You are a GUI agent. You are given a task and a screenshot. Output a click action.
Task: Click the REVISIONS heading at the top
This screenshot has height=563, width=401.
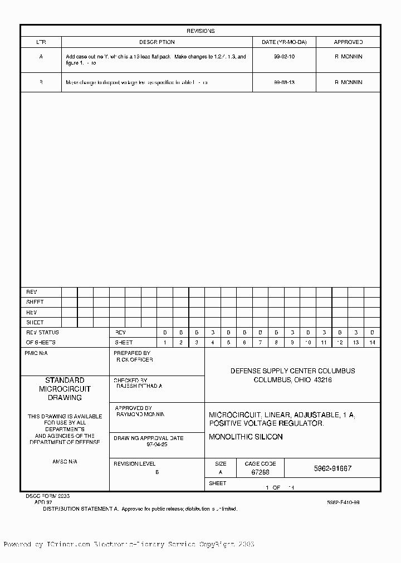pos(200,31)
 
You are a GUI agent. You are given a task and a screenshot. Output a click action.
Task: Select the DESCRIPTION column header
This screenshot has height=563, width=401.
pos(157,42)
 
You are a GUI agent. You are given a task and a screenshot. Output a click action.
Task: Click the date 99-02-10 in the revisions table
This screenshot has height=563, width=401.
pos(285,57)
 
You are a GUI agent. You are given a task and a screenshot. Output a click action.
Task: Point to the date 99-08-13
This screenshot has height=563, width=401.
pos(285,82)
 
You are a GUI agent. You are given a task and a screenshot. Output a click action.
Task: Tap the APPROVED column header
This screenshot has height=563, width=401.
pos(348,42)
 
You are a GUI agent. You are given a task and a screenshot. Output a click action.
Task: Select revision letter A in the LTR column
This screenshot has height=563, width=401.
pos(41,57)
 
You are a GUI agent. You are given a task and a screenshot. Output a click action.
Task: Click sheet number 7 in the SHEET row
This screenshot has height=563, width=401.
pos(260,343)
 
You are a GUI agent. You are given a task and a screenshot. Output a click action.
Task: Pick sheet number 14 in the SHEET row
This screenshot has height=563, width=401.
pos(372,343)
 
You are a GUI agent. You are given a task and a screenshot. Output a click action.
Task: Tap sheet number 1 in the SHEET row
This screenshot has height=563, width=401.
pos(165,343)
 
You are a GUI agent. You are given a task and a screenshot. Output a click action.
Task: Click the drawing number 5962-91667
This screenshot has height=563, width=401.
pos(332,468)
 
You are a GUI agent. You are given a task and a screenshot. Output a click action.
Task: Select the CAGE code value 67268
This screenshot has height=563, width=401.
pos(260,472)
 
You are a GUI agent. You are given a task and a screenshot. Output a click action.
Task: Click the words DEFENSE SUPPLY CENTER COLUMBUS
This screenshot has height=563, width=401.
pos(292,371)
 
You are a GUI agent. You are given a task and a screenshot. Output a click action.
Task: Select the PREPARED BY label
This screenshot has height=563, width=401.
pos(132,353)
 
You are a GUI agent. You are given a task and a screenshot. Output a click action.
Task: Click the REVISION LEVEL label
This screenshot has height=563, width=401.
pos(134,463)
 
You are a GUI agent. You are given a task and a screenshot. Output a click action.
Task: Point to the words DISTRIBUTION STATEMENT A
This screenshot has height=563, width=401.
pos(81,508)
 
